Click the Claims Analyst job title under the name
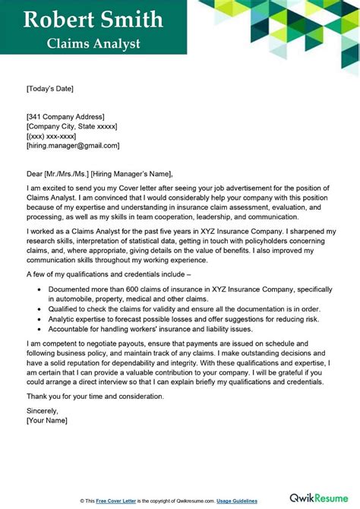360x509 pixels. (93, 43)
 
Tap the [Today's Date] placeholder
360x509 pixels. (51, 89)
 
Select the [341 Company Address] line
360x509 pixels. (67, 115)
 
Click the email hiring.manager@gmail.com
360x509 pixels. (73, 145)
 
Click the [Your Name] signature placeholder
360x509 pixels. (48, 420)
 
